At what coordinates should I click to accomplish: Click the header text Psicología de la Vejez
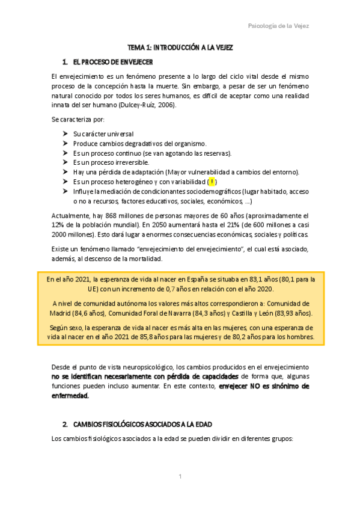[x=278, y=25]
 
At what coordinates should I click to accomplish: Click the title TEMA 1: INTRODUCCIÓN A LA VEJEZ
[x=180, y=47]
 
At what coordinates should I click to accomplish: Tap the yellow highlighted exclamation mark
[x=212, y=182]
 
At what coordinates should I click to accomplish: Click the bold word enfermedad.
[x=70, y=396]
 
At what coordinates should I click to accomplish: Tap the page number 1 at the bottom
[x=180, y=477]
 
